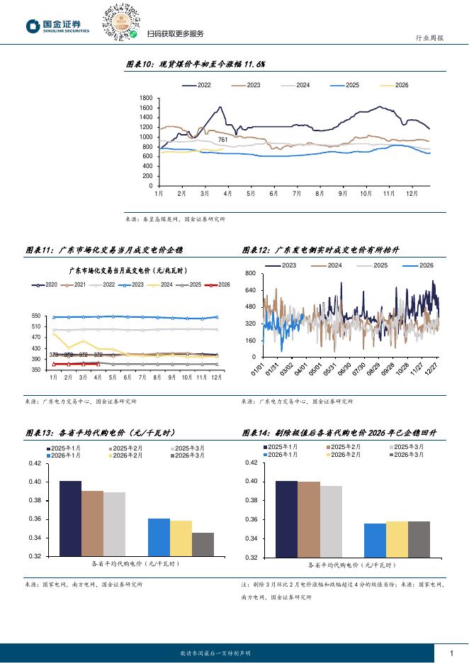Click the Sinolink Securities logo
pos(58,27)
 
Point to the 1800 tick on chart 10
pos(147,98)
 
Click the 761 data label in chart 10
pos(222,140)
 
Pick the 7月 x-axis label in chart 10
pos(296,193)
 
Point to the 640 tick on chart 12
pos(249,290)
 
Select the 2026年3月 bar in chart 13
pos(203,544)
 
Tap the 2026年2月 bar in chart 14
pos(397,540)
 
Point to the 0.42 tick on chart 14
pos(249,463)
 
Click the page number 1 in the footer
pos(452,653)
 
